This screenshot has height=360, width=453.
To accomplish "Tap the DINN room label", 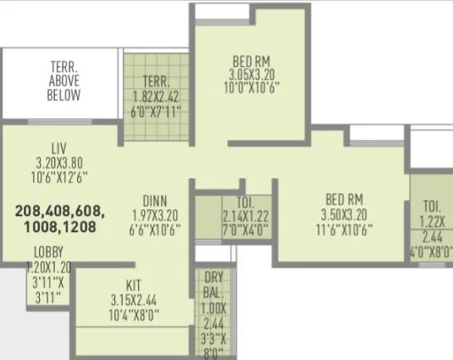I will point(153,201).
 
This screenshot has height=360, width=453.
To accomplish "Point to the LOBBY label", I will point(49,252).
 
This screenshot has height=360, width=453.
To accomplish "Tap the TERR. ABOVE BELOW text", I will point(64,83).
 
